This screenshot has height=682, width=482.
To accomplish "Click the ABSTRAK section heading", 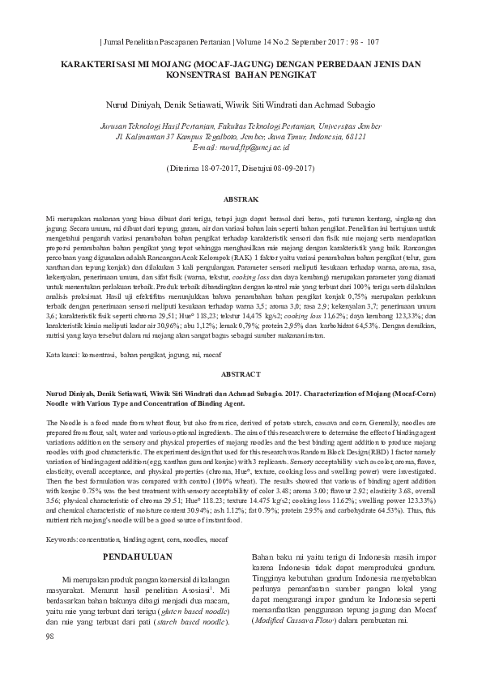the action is pos(241,198).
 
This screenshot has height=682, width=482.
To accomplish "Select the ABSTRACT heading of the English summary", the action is pos(241,373).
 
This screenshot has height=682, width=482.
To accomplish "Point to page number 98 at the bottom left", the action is pos(52,659).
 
